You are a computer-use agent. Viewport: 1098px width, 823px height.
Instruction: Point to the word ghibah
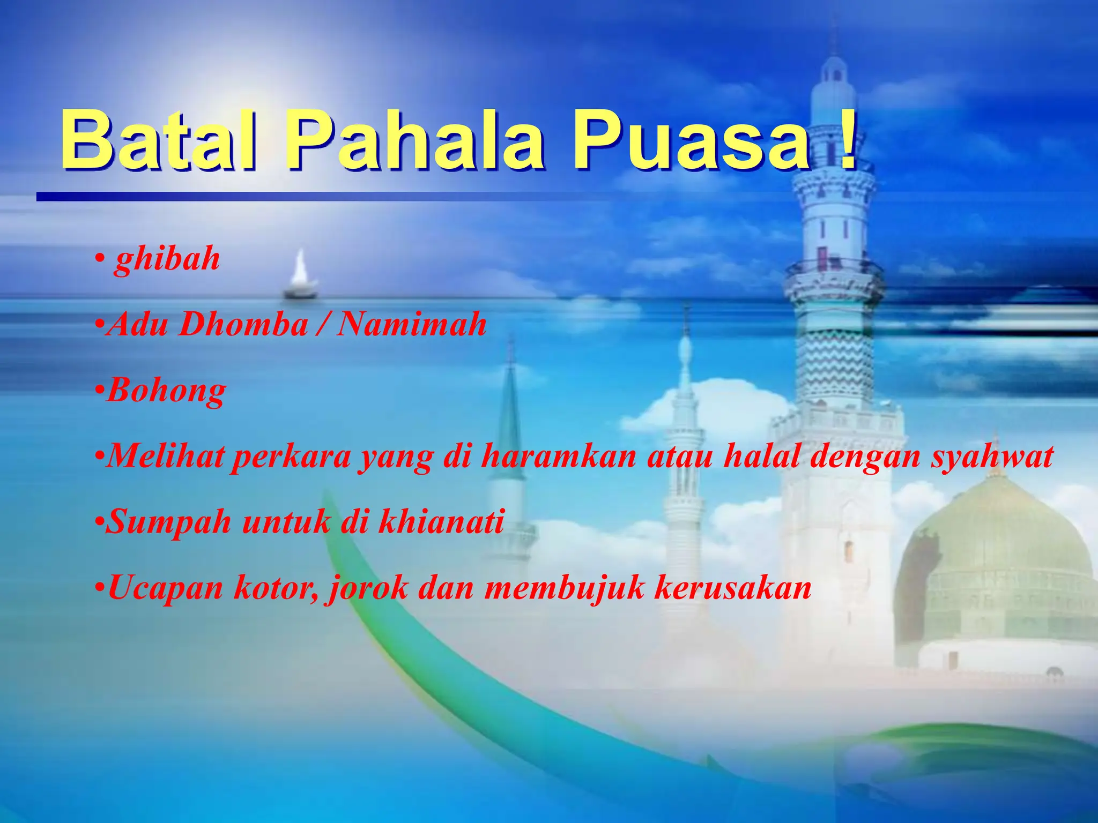pyautogui.click(x=167, y=260)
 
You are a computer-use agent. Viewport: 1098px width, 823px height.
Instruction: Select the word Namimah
pyautogui.click(x=411, y=325)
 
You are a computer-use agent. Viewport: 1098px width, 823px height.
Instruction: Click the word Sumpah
pyautogui.click(x=168, y=522)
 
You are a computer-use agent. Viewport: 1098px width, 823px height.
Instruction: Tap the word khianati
pyautogui.click(x=441, y=521)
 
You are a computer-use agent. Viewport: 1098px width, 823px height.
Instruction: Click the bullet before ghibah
pyautogui.click(x=99, y=260)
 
